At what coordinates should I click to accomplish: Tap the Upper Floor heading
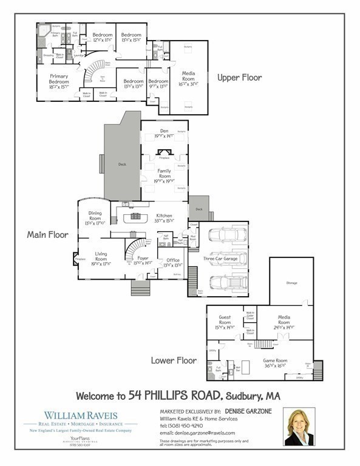pos(239,78)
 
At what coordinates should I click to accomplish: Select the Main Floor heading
pos(47,234)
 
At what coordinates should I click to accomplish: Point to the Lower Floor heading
pos(174,360)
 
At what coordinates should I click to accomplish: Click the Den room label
pos(164,130)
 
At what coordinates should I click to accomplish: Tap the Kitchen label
pos(164,215)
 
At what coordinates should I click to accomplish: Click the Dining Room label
pos(95,216)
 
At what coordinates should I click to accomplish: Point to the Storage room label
pos(292,282)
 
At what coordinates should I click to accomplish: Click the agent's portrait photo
pos(299,427)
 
